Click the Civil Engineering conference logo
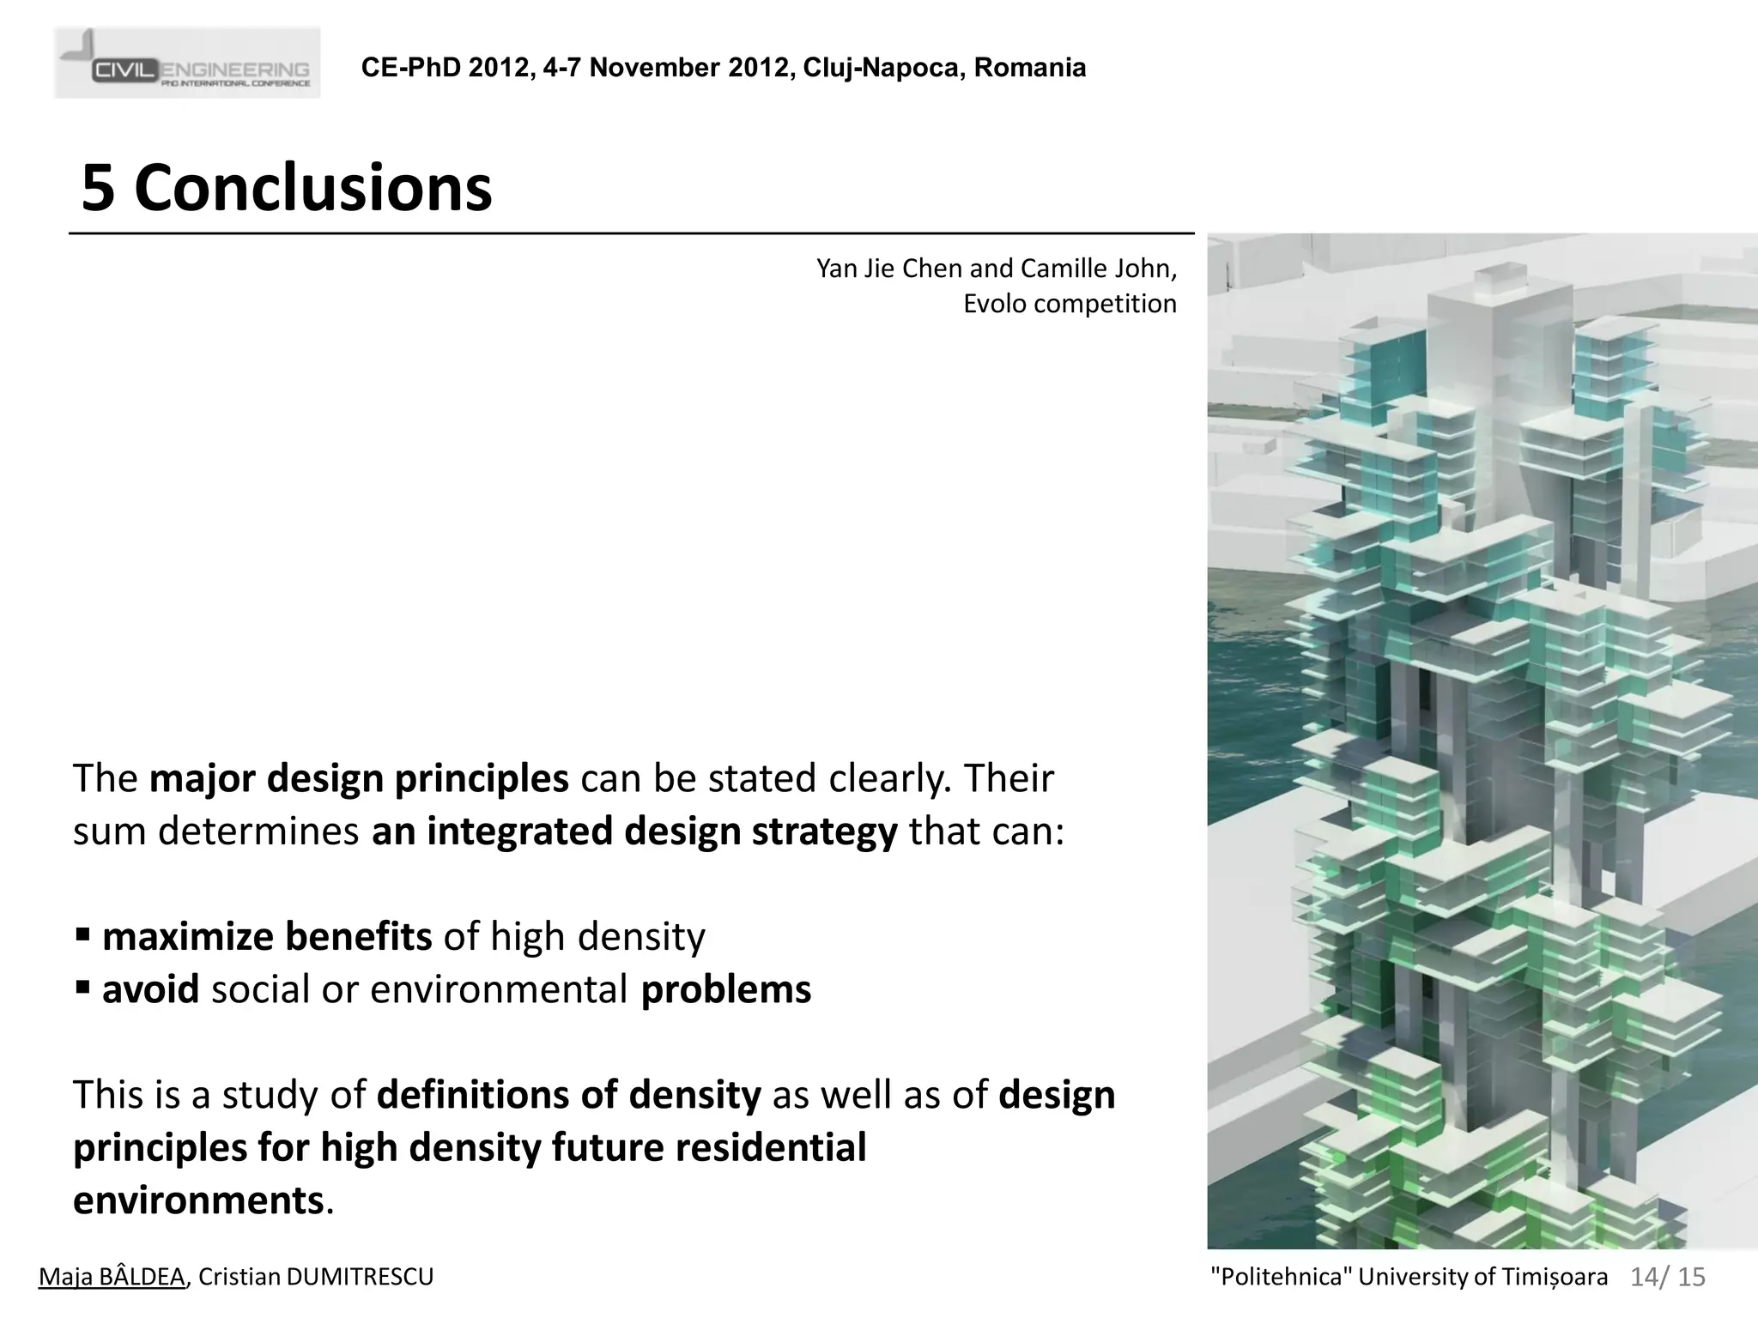pos(187,63)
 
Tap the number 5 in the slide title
pos(98,188)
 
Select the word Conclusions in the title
pos(313,188)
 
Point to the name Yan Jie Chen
pos(889,269)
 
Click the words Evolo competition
pos(1070,304)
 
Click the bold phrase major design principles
pos(359,778)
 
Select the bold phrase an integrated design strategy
pos(634,831)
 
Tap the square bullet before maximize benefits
pos(82,934)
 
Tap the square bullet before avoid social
pos(82,988)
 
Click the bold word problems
pos(725,989)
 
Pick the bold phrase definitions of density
pos(568,1095)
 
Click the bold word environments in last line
pos(198,1200)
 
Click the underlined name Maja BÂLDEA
pos(112,1277)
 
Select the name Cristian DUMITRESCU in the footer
pos(316,1277)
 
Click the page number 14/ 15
pos(1667,1277)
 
